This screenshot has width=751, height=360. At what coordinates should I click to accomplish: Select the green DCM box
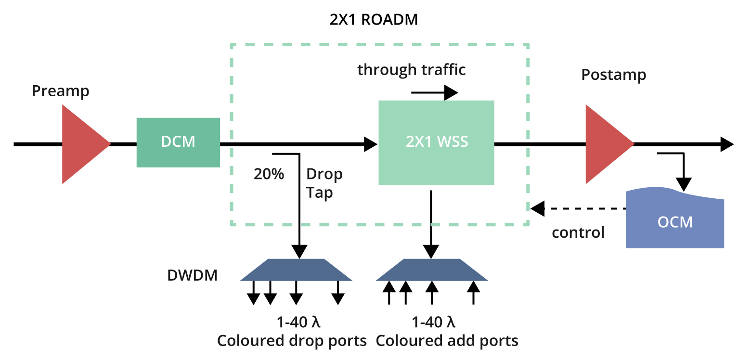178,142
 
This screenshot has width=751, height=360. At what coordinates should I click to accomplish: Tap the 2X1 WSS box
436,142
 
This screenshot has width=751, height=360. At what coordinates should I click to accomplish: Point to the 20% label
269,174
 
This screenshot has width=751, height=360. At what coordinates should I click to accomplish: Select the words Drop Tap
324,183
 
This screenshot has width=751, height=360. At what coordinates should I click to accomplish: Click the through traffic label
412,70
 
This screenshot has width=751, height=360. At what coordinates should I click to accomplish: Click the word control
578,233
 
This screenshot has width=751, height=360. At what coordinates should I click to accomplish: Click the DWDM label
192,276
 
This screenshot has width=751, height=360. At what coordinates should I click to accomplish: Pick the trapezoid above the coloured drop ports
297,270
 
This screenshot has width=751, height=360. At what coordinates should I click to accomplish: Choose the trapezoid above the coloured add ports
431,270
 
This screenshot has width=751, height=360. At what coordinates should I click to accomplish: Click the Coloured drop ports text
292,341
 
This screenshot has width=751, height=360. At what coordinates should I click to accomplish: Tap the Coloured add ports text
447,341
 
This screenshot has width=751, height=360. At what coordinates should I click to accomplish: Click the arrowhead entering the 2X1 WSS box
371,143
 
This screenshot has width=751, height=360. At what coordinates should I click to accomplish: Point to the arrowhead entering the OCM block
683,184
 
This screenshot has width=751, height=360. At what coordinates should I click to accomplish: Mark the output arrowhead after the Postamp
726,143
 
